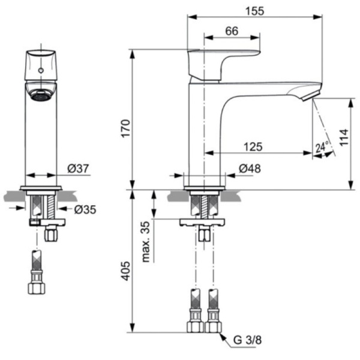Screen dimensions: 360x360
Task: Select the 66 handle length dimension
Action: [x=232, y=31]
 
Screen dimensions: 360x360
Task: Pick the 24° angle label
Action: [x=322, y=147]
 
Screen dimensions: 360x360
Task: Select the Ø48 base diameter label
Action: [x=250, y=169]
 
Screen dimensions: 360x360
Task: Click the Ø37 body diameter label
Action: [x=79, y=169]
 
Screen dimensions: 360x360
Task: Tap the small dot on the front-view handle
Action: [x=41, y=71]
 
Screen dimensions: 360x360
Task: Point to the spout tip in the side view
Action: [x=310, y=96]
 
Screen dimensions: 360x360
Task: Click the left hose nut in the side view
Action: [x=196, y=326]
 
